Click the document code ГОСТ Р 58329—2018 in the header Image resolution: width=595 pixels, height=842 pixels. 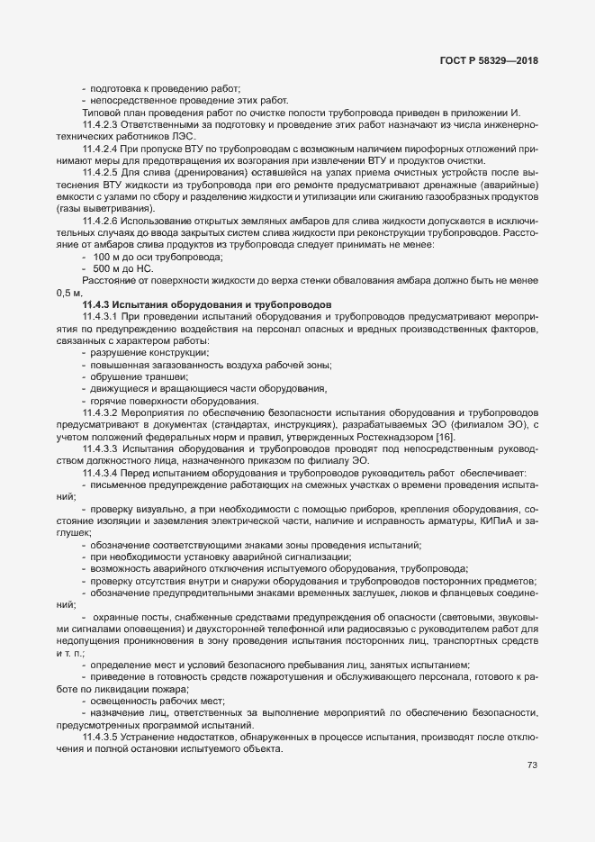pos(490,59)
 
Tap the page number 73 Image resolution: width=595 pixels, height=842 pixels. pos(531,765)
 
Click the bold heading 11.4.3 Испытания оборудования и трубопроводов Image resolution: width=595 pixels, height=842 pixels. pos(207,305)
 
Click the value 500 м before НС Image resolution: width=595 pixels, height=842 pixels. pos(107,268)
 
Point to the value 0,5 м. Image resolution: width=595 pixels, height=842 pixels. pos(68,294)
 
